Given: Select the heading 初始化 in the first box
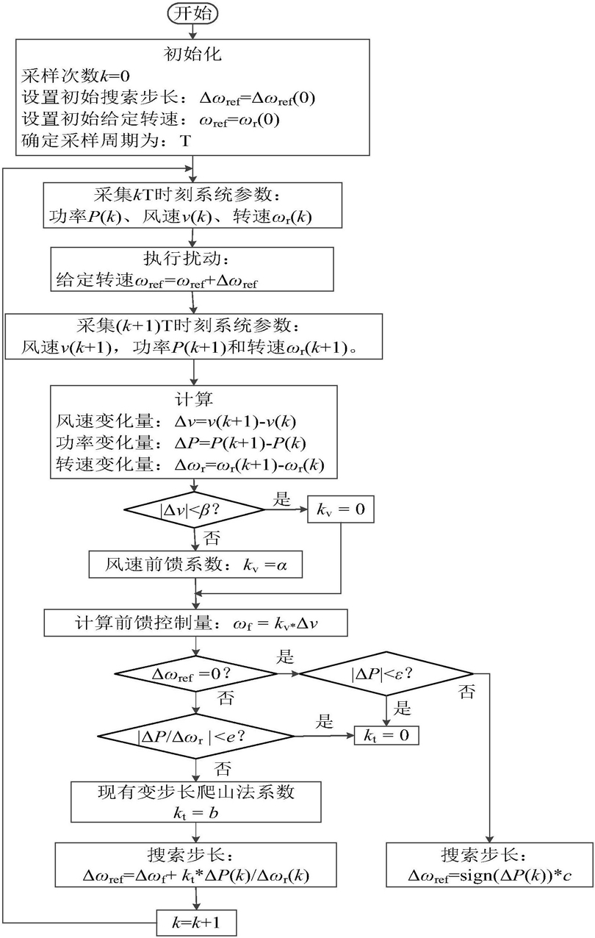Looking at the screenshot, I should [x=193, y=54].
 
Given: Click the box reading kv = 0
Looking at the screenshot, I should [x=340, y=507].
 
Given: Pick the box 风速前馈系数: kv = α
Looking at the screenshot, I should [x=194, y=565].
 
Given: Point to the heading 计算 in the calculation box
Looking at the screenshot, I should [x=194, y=398].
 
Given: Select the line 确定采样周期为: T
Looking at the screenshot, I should [x=106, y=140].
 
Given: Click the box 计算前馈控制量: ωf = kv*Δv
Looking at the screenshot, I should [x=194, y=622].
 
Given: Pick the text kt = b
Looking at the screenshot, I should [x=194, y=810].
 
